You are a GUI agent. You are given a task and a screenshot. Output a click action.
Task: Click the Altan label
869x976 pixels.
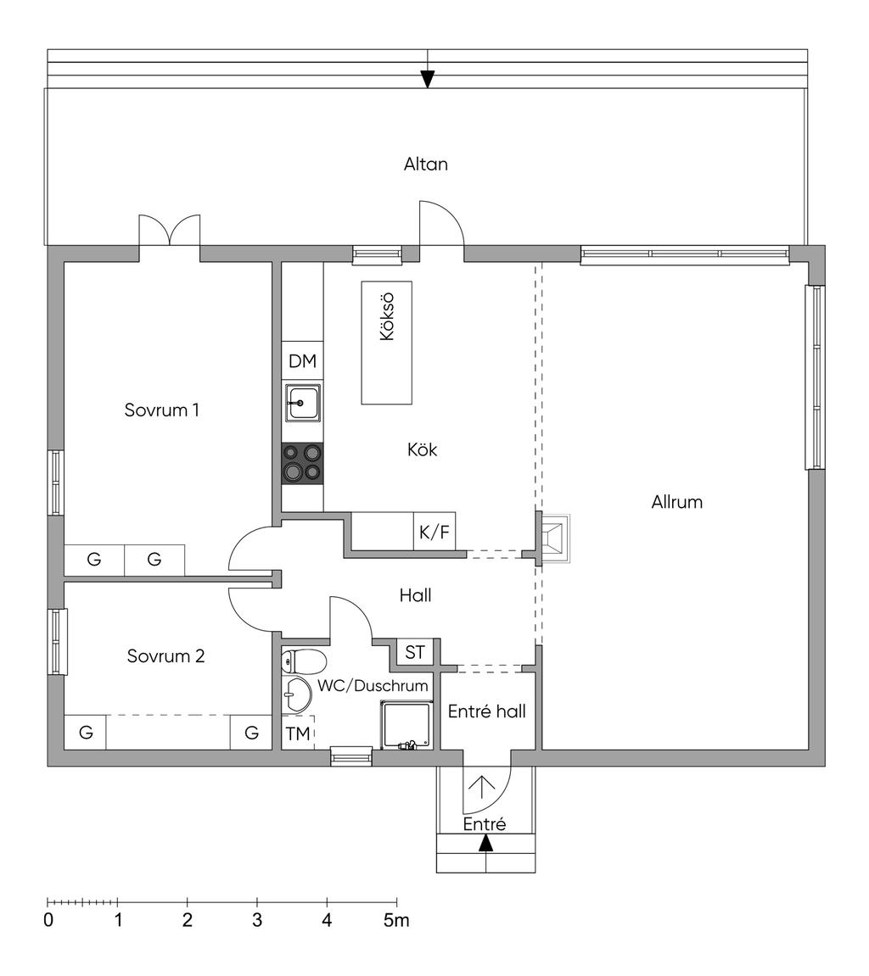(425, 164)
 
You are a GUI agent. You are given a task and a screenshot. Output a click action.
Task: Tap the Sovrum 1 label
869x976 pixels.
(161, 410)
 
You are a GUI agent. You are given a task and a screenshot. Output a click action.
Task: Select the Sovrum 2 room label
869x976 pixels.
(165, 655)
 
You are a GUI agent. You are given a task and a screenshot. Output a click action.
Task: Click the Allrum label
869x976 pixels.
(676, 501)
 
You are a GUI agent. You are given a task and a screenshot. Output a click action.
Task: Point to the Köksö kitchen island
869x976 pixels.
(387, 342)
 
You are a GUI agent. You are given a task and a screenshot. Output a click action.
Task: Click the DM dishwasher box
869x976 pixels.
(302, 361)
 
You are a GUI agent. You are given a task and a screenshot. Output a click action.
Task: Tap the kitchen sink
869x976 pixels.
(302, 403)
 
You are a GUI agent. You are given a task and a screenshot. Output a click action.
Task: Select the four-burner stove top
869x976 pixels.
(302, 463)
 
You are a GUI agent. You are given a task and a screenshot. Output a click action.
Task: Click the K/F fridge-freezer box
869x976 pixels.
(434, 533)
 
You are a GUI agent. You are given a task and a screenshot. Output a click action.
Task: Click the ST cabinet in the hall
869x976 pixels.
(415, 652)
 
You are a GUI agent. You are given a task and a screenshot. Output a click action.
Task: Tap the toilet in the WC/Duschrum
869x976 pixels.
(303, 660)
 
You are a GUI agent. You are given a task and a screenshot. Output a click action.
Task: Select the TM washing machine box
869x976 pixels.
(298, 733)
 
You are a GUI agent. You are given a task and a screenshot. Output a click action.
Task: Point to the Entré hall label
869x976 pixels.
(486, 711)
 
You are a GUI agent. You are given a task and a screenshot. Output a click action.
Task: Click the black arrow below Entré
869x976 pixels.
(485, 843)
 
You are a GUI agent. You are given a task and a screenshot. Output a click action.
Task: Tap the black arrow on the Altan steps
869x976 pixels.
(428, 79)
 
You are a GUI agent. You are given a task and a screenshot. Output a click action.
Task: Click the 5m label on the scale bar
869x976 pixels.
(395, 920)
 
